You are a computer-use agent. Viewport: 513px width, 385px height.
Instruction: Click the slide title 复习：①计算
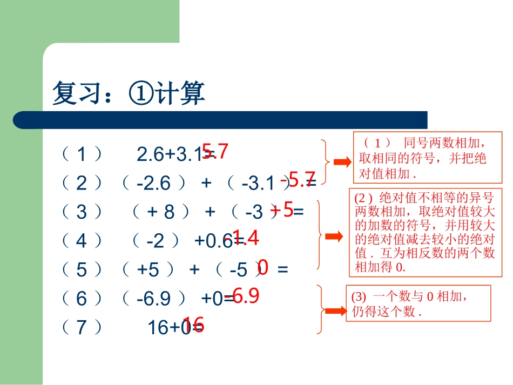tap(129, 93)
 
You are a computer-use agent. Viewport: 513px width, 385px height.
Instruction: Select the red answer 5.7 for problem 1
tap(215, 152)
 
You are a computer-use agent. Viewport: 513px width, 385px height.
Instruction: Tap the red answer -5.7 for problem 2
tap(298, 179)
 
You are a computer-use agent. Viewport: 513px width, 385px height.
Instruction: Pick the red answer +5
tap(282, 210)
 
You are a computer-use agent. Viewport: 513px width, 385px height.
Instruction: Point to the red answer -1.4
tap(241, 238)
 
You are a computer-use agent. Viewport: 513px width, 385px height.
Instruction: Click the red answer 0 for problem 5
tap(263, 266)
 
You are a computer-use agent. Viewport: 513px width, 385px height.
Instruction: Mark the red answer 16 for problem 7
tap(193, 325)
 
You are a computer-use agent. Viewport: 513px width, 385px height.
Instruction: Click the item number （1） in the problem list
tap(82, 155)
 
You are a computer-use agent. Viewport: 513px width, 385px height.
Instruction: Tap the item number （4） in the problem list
tap(82, 241)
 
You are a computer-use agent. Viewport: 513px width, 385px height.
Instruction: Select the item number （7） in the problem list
tap(82, 327)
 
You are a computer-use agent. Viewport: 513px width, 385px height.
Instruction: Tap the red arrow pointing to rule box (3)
tap(334, 311)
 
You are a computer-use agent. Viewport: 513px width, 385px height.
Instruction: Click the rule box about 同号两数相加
tap(427, 157)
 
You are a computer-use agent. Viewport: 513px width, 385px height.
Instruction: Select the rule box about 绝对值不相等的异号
tap(425, 232)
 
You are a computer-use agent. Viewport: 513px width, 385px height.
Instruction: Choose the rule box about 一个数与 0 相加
tap(418, 303)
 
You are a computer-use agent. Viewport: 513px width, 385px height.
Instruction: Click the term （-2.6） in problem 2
tap(154, 184)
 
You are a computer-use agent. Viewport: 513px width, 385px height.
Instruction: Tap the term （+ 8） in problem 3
tap(161, 212)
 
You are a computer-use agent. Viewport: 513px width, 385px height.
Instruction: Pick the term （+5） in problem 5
tap(148, 269)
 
